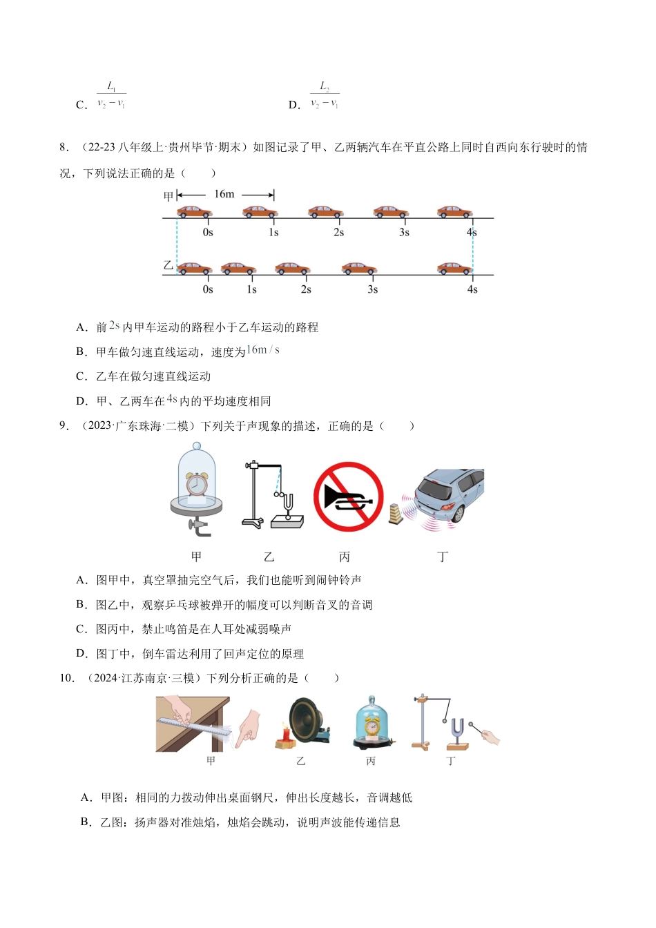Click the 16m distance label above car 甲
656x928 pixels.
coord(224,194)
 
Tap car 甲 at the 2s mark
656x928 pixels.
coord(325,211)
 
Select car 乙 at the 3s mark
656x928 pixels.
coord(359,268)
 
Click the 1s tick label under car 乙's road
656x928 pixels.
coord(251,289)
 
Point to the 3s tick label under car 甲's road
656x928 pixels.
coord(404,233)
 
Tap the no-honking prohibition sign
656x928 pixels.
coord(348,496)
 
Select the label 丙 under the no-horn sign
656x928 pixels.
coord(345,557)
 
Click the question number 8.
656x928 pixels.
coord(64,147)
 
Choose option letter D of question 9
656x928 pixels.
coord(81,654)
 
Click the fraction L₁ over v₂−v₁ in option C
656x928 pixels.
coord(111,95)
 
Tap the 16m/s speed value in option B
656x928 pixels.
coord(263,350)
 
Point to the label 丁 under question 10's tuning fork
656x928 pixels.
coord(451,761)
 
